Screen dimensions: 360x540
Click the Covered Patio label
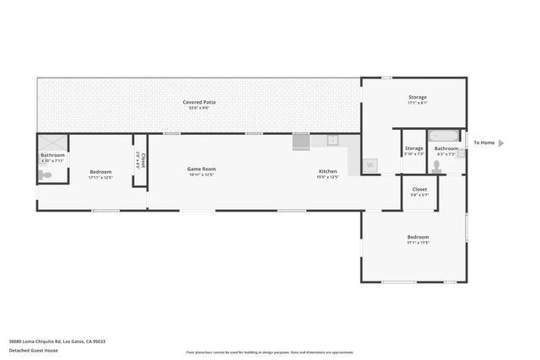click(199, 102)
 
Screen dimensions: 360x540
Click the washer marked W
click(370, 165)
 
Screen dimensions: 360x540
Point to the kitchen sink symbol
click(332, 140)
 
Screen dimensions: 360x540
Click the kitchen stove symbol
click(301, 142)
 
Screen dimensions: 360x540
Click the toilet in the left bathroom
click(45, 175)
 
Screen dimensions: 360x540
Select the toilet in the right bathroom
click(436, 165)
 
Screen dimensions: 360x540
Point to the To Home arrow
click(501, 143)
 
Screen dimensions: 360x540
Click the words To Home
click(483, 143)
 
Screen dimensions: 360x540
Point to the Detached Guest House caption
click(34, 350)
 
